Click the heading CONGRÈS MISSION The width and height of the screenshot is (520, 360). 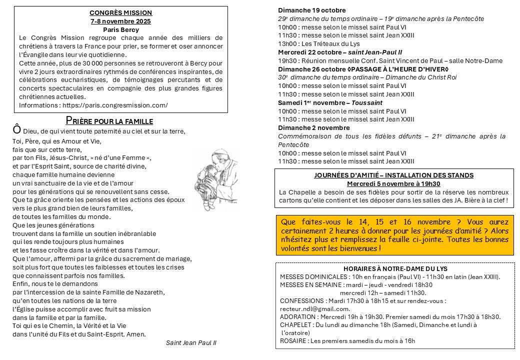click(x=120, y=13)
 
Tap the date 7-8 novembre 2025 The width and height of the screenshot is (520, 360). click(x=120, y=21)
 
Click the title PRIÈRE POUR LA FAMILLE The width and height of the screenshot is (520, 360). click(x=109, y=121)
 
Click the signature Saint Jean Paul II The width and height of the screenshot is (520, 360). click(x=191, y=342)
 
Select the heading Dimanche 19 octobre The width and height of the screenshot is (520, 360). click(x=312, y=10)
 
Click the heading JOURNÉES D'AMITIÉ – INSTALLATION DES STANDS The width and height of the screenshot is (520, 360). click(x=394, y=175)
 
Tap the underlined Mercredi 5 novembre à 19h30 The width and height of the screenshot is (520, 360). click(x=393, y=183)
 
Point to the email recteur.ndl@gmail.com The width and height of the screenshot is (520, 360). click(x=315, y=308)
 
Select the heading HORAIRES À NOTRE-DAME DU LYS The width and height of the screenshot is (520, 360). click(x=393, y=268)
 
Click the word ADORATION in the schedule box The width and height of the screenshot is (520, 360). click(x=297, y=316)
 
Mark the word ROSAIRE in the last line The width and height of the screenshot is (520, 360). click(x=293, y=341)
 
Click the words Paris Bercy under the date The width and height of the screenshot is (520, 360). click(x=120, y=29)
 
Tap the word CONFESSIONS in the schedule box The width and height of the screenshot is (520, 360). click(x=302, y=300)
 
